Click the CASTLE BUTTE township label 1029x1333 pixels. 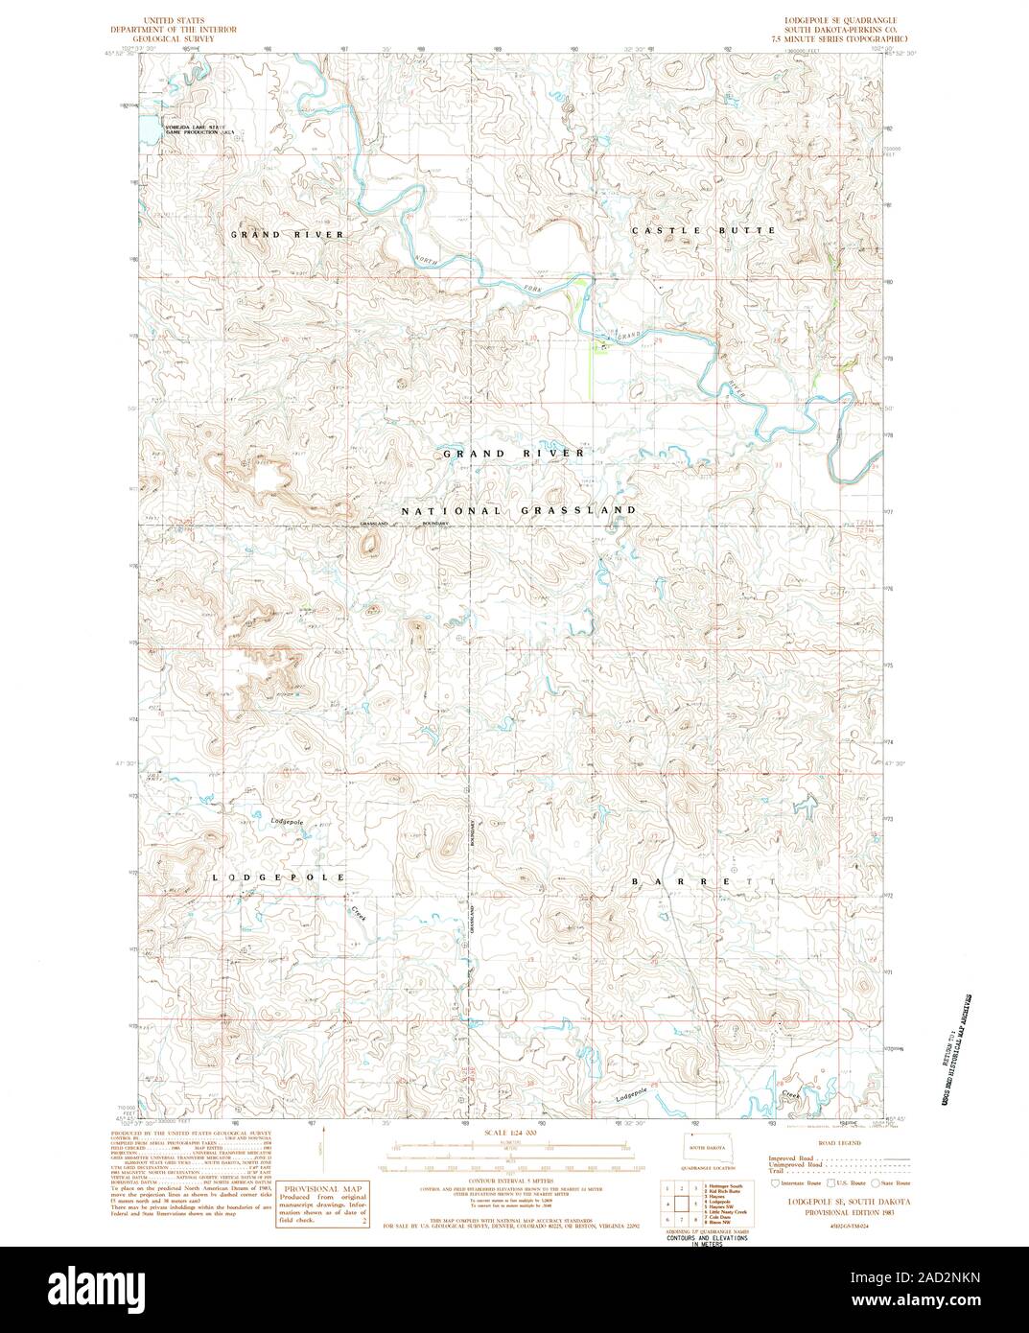tap(702, 231)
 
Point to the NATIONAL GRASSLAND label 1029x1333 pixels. tap(518, 511)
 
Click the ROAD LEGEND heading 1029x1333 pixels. tap(841, 1145)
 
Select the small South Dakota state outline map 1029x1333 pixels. tap(706, 1148)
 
